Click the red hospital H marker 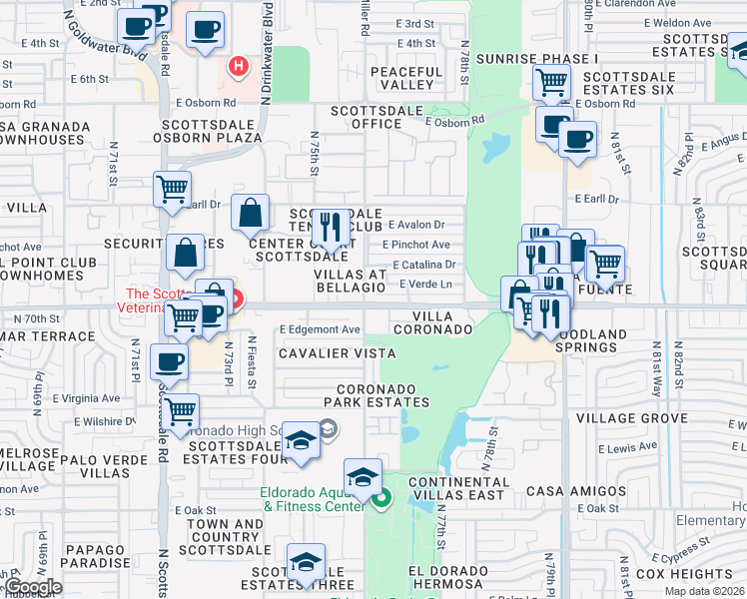pyautogui.click(x=239, y=67)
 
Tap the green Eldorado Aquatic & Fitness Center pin pyautogui.click(x=381, y=499)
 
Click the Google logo pyautogui.click(x=32, y=587)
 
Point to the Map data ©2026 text pyautogui.click(x=705, y=591)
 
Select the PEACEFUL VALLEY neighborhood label pyautogui.click(x=405, y=78)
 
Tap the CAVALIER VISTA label pyautogui.click(x=337, y=353)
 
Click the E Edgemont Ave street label pyautogui.click(x=320, y=329)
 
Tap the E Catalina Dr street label pyautogui.click(x=424, y=265)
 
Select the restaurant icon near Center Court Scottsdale pyautogui.click(x=328, y=226)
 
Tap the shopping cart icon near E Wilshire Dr pyautogui.click(x=181, y=409)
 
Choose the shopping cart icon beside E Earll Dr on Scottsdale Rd pyautogui.click(x=172, y=187)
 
